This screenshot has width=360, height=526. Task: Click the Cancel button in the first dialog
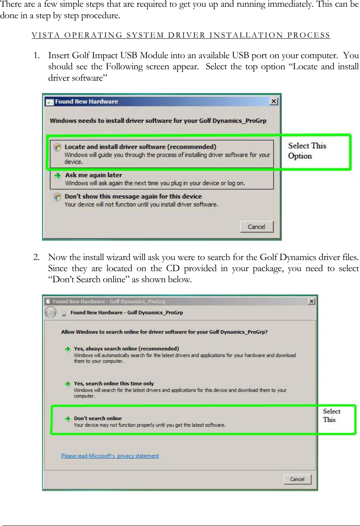point(257,227)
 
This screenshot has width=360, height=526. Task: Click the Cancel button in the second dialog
point(297,479)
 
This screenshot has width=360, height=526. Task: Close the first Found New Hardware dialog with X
point(274,101)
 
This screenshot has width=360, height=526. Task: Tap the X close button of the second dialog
point(312,301)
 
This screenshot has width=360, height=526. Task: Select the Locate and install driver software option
point(140,147)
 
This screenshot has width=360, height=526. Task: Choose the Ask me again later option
point(93,175)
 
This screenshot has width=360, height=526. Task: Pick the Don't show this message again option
point(133,196)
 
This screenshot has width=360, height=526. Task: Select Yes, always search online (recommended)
point(126,349)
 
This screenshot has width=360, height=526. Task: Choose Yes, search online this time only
point(114,384)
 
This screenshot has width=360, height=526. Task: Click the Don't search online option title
point(98,418)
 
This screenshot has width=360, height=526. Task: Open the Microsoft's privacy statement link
point(110,456)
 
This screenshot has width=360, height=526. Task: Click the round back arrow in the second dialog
point(51,313)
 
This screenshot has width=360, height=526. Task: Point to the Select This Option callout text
point(307,151)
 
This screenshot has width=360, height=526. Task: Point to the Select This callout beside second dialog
point(331,416)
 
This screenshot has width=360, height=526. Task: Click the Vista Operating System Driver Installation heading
point(181,35)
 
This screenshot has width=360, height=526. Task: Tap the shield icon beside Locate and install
point(57,147)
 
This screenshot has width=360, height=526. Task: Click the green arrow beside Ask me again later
point(57,175)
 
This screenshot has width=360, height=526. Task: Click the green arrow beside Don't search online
point(67,418)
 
